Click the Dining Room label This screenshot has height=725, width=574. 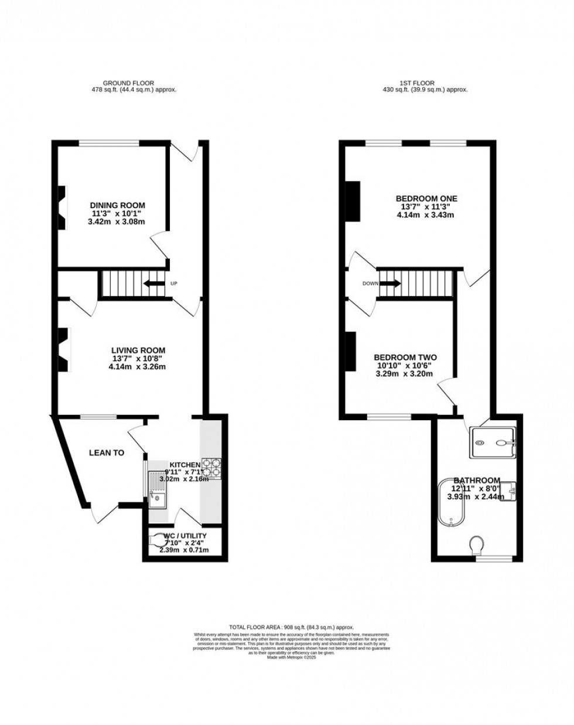click(117, 205)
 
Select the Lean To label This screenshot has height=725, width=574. click(106, 452)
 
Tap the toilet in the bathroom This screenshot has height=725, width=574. click(478, 546)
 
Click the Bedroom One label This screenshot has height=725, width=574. click(426, 199)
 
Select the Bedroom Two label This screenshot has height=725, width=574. click(405, 358)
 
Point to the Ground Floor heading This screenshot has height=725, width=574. click(128, 83)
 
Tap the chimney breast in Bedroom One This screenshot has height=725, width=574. click(352, 201)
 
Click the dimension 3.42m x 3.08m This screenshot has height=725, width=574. click(117, 222)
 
